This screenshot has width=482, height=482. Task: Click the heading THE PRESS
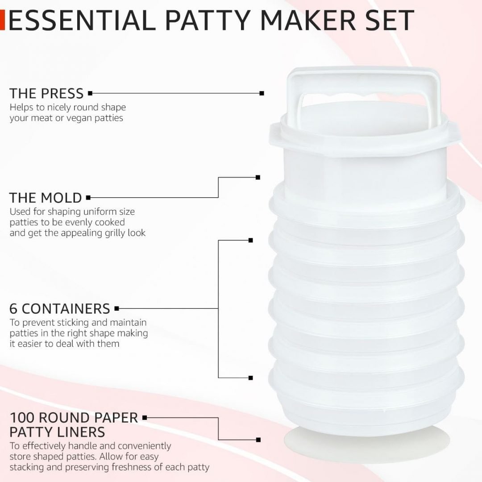click(46, 94)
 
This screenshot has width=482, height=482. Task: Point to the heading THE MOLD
click(46, 198)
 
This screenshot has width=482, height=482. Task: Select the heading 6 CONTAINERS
click(60, 308)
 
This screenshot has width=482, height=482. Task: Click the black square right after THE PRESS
click(90, 93)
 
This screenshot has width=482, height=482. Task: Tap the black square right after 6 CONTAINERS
click(116, 308)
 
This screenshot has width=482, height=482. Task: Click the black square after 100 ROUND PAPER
click(145, 418)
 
